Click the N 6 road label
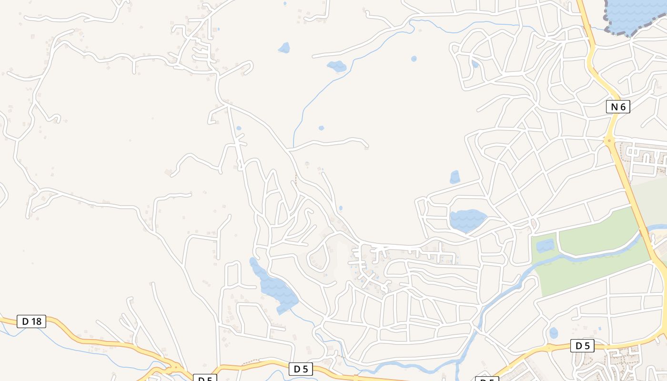click(x=617, y=107)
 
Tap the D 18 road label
click(x=32, y=321)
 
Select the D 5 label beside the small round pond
click(x=582, y=346)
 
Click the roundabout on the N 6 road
click(x=609, y=141)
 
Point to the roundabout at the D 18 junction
click(x=174, y=368)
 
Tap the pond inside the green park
click(x=545, y=246)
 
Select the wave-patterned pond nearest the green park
click(x=467, y=220)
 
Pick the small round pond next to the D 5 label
click(x=553, y=332)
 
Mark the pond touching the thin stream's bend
click(x=337, y=66)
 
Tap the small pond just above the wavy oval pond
click(x=455, y=177)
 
